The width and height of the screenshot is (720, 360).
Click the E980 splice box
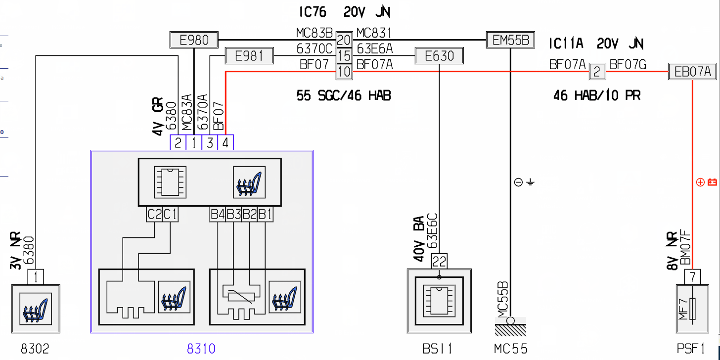coord(194,40)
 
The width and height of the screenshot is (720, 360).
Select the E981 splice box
coord(249,56)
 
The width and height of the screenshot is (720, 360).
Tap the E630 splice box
coord(440,56)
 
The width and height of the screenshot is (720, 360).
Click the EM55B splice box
coord(510,40)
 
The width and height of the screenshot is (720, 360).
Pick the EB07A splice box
coord(692,71)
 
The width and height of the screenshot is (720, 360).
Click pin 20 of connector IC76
coord(344,40)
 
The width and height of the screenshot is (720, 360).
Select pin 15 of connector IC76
coord(344,56)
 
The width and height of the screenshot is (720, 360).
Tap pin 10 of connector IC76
coord(344,72)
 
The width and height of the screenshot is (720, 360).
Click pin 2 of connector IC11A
coord(597,72)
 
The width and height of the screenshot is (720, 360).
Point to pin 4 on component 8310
coord(225,142)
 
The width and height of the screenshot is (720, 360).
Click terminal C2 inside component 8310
coord(154,214)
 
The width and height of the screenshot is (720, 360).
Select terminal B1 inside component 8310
coord(265,214)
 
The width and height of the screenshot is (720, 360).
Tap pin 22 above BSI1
coord(439,261)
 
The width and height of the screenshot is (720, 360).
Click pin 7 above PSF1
coord(692,277)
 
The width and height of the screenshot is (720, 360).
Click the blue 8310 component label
coord(201,349)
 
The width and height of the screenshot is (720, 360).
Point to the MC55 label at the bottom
coord(510,349)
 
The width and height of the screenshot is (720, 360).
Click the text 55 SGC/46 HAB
coord(344,95)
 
